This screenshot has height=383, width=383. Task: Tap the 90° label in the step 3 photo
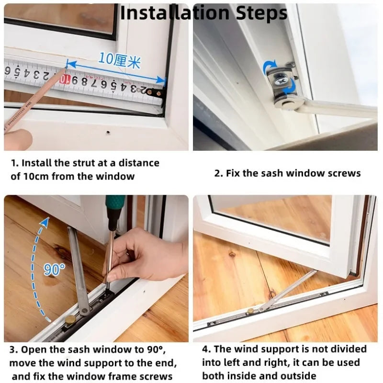pyautogui.click(x=54, y=270)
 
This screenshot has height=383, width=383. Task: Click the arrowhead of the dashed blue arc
pyautogui.click(x=45, y=221)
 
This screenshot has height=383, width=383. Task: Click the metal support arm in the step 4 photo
pyautogui.click(x=287, y=292)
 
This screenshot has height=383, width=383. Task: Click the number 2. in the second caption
pyautogui.click(x=219, y=173)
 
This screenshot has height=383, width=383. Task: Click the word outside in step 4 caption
pyautogui.click(x=298, y=376)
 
